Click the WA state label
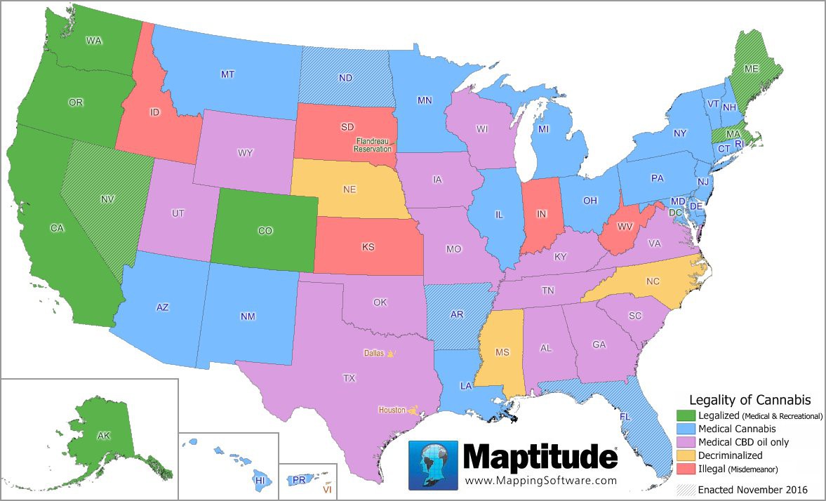pyautogui.click(x=94, y=41)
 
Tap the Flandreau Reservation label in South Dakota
pyautogui.click(x=372, y=145)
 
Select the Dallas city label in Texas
pyautogui.click(x=374, y=354)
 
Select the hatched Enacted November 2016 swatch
pyautogui.click(x=686, y=489)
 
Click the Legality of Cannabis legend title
pyautogui.click(x=750, y=400)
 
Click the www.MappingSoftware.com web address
pyautogui.click(x=540, y=481)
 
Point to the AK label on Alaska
pyautogui.click(x=104, y=436)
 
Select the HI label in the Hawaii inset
pyautogui.click(x=260, y=481)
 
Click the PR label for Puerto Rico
pyautogui.click(x=299, y=480)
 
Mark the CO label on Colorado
pyautogui.click(x=265, y=230)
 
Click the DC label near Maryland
pyautogui.click(x=675, y=212)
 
